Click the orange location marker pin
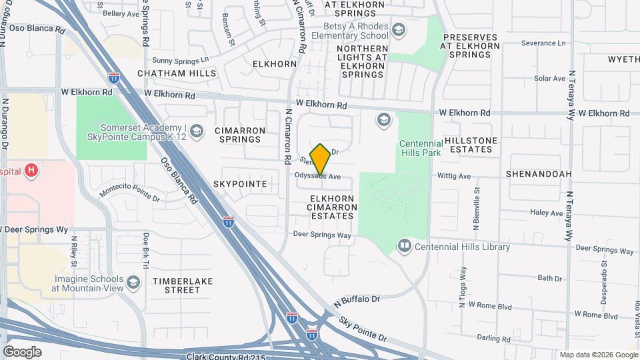tap(320, 159)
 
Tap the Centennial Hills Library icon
tap(405, 247)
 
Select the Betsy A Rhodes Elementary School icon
tap(398, 30)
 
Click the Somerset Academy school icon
tap(196, 131)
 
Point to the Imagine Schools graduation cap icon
tap(133, 283)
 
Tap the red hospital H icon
tap(31, 171)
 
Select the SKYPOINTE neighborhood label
tap(240, 183)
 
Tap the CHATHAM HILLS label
tap(176, 73)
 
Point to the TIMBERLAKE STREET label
tap(182, 285)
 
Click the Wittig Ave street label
tap(454, 177)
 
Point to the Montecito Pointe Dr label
tap(130, 193)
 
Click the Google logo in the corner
tap(22, 351)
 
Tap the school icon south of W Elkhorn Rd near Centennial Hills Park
tap(383, 120)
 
